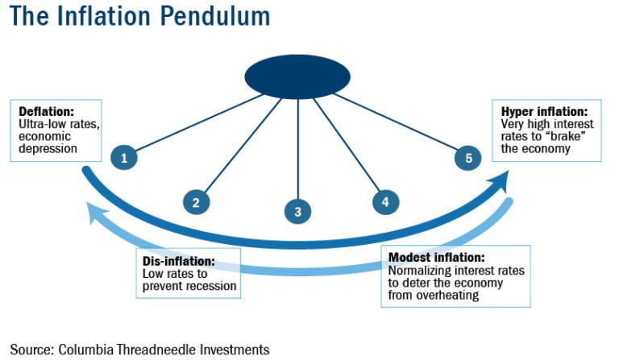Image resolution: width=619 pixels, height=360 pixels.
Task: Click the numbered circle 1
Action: [x=124, y=158]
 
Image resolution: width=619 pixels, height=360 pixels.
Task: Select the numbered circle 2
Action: [x=196, y=201]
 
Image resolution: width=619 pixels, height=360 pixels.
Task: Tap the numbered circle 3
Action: [x=297, y=212]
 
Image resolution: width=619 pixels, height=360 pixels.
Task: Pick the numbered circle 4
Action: [x=385, y=201]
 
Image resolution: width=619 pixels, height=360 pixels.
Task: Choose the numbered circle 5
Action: [x=468, y=158]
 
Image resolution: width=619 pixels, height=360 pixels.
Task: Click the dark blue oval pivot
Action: [x=297, y=77]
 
